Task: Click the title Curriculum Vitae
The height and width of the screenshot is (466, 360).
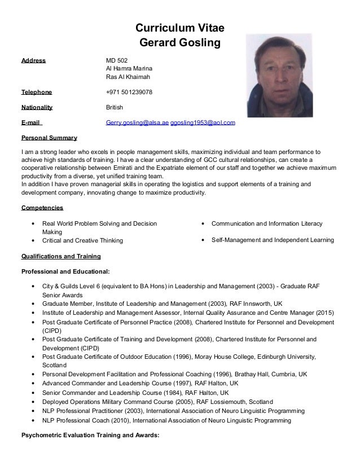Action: click(x=180, y=28)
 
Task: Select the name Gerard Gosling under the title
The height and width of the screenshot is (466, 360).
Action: click(x=180, y=42)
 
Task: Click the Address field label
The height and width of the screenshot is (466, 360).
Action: click(x=33, y=60)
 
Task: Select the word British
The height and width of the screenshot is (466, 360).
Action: click(x=115, y=107)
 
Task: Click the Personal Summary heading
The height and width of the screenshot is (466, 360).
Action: click(x=49, y=138)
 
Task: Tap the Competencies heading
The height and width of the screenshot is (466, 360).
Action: click(x=42, y=208)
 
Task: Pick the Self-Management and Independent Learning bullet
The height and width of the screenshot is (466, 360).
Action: click(x=273, y=241)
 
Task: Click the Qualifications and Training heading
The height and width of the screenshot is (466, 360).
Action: click(x=60, y=256)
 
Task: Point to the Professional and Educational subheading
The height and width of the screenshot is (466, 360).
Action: click(x=63, y=272)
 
